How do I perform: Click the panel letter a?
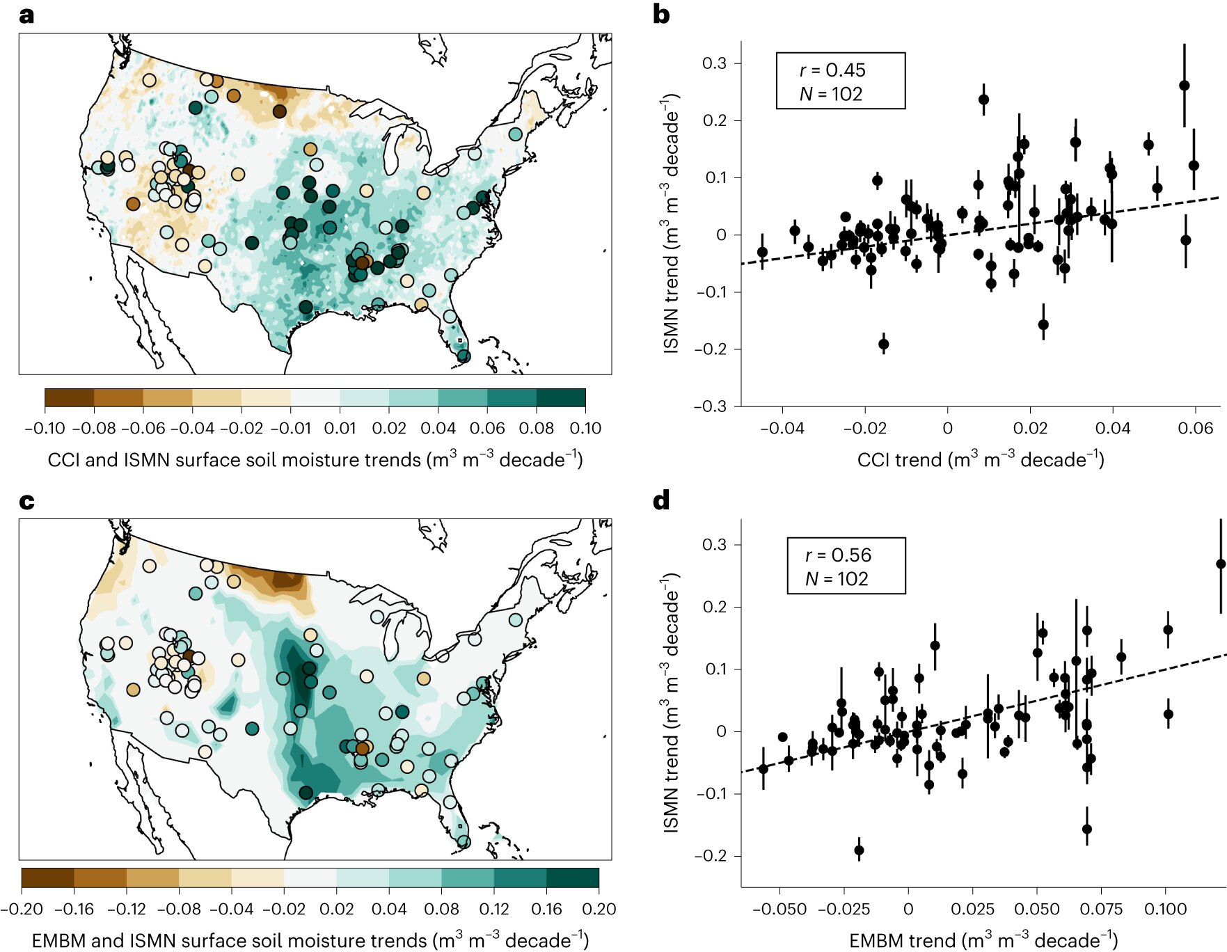[26, 15]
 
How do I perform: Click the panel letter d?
[661, 501]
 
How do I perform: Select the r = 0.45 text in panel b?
[832, 70]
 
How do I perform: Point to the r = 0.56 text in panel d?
[838, 555]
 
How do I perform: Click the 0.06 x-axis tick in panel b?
[1195, 428]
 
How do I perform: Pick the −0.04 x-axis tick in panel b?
[782, 428]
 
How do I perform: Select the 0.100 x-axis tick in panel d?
[1165, 909]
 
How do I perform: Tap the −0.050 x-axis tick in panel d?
[779, 909]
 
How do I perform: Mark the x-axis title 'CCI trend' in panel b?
[981, 459]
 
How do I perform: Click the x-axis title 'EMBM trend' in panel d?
[983, 941]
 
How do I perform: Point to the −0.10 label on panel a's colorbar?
[45, 428]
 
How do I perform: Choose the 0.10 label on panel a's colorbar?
[585, 428]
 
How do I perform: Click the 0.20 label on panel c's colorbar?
[599, 909]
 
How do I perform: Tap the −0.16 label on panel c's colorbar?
[74, 909]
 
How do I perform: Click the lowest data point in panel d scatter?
[859, 850]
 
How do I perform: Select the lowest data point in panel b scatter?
[884, 344]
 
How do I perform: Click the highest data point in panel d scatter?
[1221, 564]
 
